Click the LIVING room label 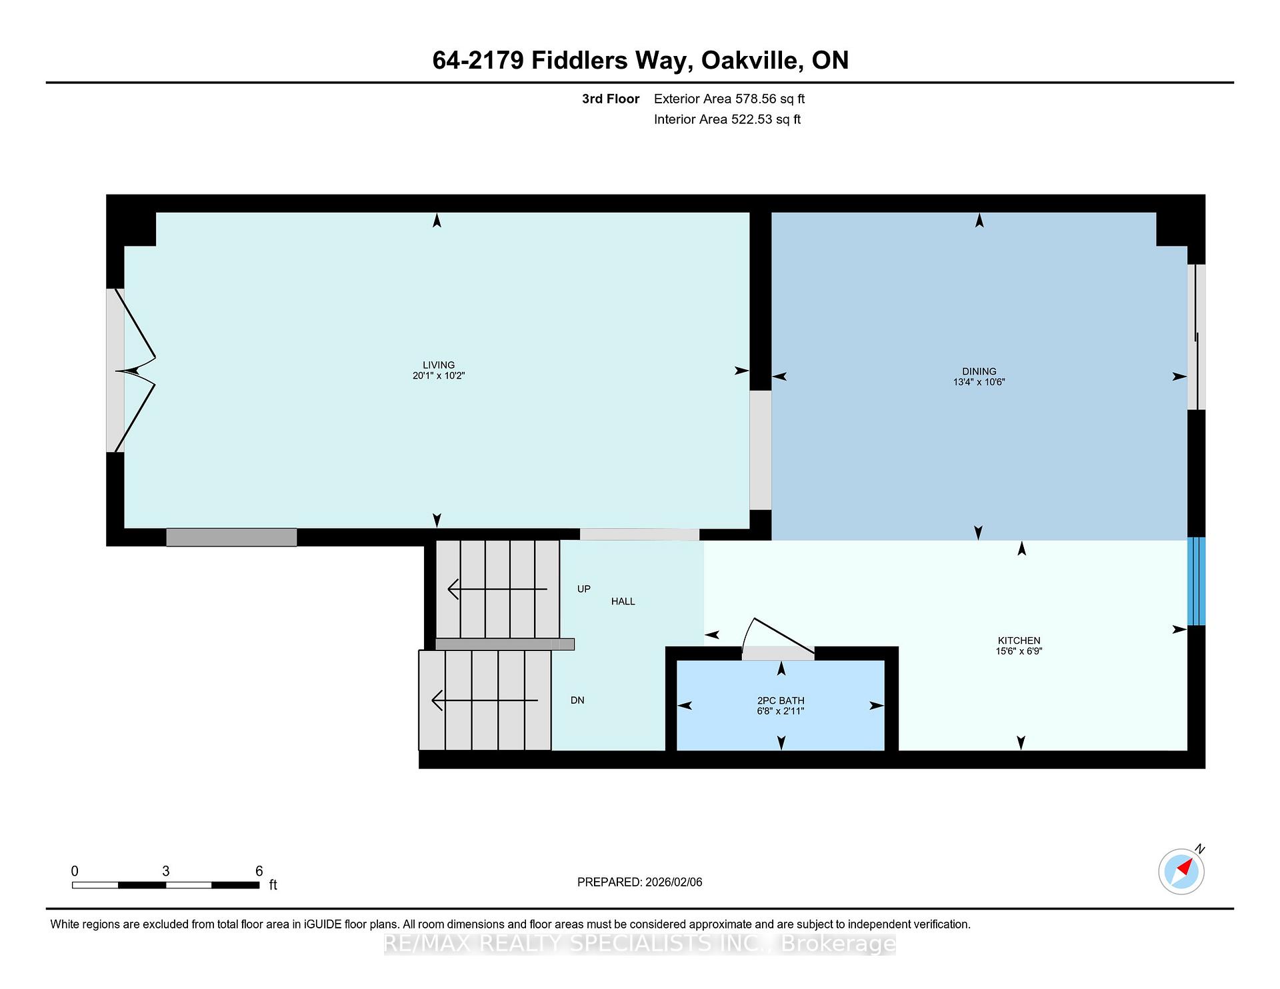point(439,365)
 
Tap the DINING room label point(979,371)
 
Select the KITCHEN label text point(1019,640)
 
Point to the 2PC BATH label point(781,700)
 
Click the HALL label point(623,601)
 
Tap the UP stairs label point(584,589)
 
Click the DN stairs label point(577,700)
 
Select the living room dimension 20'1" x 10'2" point(439,376)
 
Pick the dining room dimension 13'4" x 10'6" point(979,383)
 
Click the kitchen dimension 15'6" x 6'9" point(1019,651)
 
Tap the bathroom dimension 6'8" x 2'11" point(781,711)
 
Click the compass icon point(1181,871)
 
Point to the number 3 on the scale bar point(165,871)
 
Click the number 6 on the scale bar point(259,871)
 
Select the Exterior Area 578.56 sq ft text point(729,99)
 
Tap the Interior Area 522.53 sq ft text point(727,119)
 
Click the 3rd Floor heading point(611,99)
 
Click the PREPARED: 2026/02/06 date point(640,882)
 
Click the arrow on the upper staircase point(497,589)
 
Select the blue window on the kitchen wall point(1197,581)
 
